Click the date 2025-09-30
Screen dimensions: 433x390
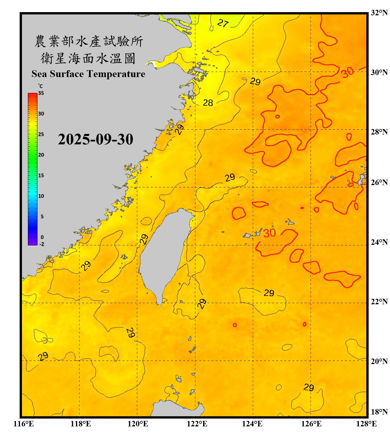[x=95, y=139]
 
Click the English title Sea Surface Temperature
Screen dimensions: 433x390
[x=88, y=74]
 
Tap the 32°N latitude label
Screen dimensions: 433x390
[x=379, y=13]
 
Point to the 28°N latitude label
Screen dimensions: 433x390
[x=379, y=132]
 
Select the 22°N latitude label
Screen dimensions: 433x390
[x=379, y=302]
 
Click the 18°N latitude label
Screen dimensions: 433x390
[x=379, y=412]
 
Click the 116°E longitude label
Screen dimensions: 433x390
[x=23, y=424]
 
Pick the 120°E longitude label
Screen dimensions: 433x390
[x=138, y=424]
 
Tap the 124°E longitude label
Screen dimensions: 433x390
[x=252, y=424]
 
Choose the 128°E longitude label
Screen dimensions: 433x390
[x=366, y=424]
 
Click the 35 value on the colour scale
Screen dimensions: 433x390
[x=41, y=93]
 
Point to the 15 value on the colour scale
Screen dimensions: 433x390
[x=41, y=176]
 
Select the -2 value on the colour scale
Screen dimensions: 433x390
[x=42, y=244]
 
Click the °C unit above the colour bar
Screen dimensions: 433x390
[x=40, y=86]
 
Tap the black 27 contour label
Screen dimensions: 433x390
[x=223, y=23]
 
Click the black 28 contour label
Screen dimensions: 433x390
[x=208, y=103]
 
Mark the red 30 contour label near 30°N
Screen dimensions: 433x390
[x=347, y=72]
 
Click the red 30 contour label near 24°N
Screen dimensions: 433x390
[x=269, y=233]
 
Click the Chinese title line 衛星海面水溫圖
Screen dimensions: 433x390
[x=88, y=59]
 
